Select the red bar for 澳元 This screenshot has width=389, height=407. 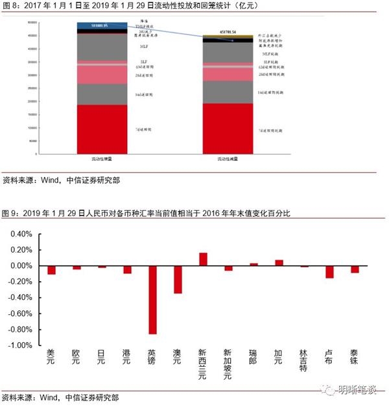(178, 280)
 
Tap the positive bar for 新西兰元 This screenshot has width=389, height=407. (203, 259)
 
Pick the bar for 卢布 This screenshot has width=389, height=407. (329, 272)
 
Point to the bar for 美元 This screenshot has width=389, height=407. (51, 270)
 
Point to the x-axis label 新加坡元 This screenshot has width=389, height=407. (228, 364)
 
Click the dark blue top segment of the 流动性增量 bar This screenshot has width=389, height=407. (102, 25)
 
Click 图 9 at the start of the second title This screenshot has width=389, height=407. (10, 213)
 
